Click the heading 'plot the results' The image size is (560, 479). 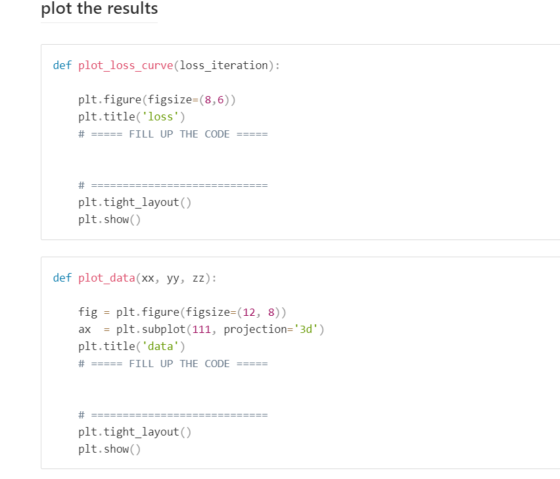coord(99,9)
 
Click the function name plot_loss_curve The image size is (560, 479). coord(126,65)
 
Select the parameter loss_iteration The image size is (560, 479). coord(224,65)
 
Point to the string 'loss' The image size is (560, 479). coord(160,117)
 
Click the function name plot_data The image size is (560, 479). coord(106,278)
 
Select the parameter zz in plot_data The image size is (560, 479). coord(198,278)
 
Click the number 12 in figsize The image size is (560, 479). coord(249,313)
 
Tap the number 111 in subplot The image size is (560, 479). coord(202,329)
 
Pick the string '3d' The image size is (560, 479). coord(306,329)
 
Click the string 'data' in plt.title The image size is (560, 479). coord(160,346)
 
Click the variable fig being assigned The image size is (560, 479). coord(88,313)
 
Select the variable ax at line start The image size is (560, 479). coord(85,330)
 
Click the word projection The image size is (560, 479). coord(256,330)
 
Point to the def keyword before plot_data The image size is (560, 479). coord(62,278)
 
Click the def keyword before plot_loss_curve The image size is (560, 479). coord(62,65)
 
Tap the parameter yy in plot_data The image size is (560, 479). coord(173,279)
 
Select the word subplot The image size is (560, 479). coord(164,329)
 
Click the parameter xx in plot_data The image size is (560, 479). coord(147,278)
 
